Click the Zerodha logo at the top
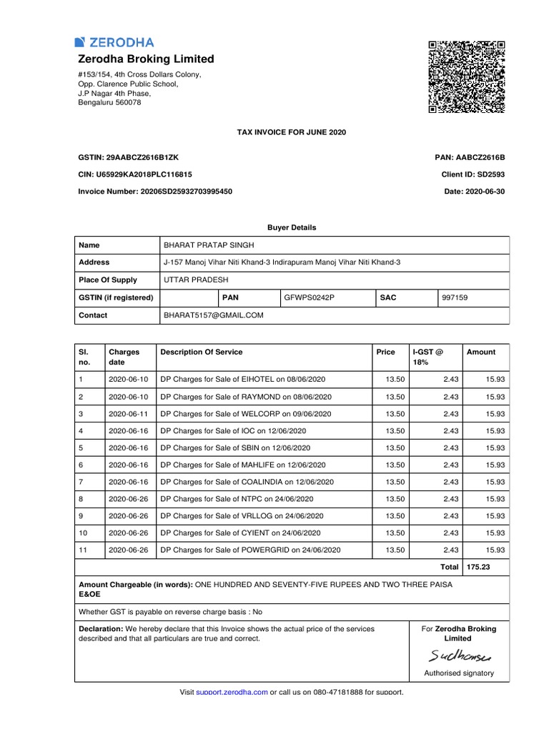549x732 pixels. click(x=114, y=42)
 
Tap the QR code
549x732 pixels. click(x=467, y=76)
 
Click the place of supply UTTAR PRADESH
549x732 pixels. click(x=192, y=280)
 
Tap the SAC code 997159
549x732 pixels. click(x=455, y=297)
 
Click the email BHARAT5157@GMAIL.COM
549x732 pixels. click(x=214, y=315)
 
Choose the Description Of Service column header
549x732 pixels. click(x=202, y=352)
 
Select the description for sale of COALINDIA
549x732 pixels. click(x=248, y=482)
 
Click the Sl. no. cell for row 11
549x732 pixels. click(x=84, y=550)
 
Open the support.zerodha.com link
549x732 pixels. click(x=232, y=692)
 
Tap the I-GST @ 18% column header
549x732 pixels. click(x=427, y=357)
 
